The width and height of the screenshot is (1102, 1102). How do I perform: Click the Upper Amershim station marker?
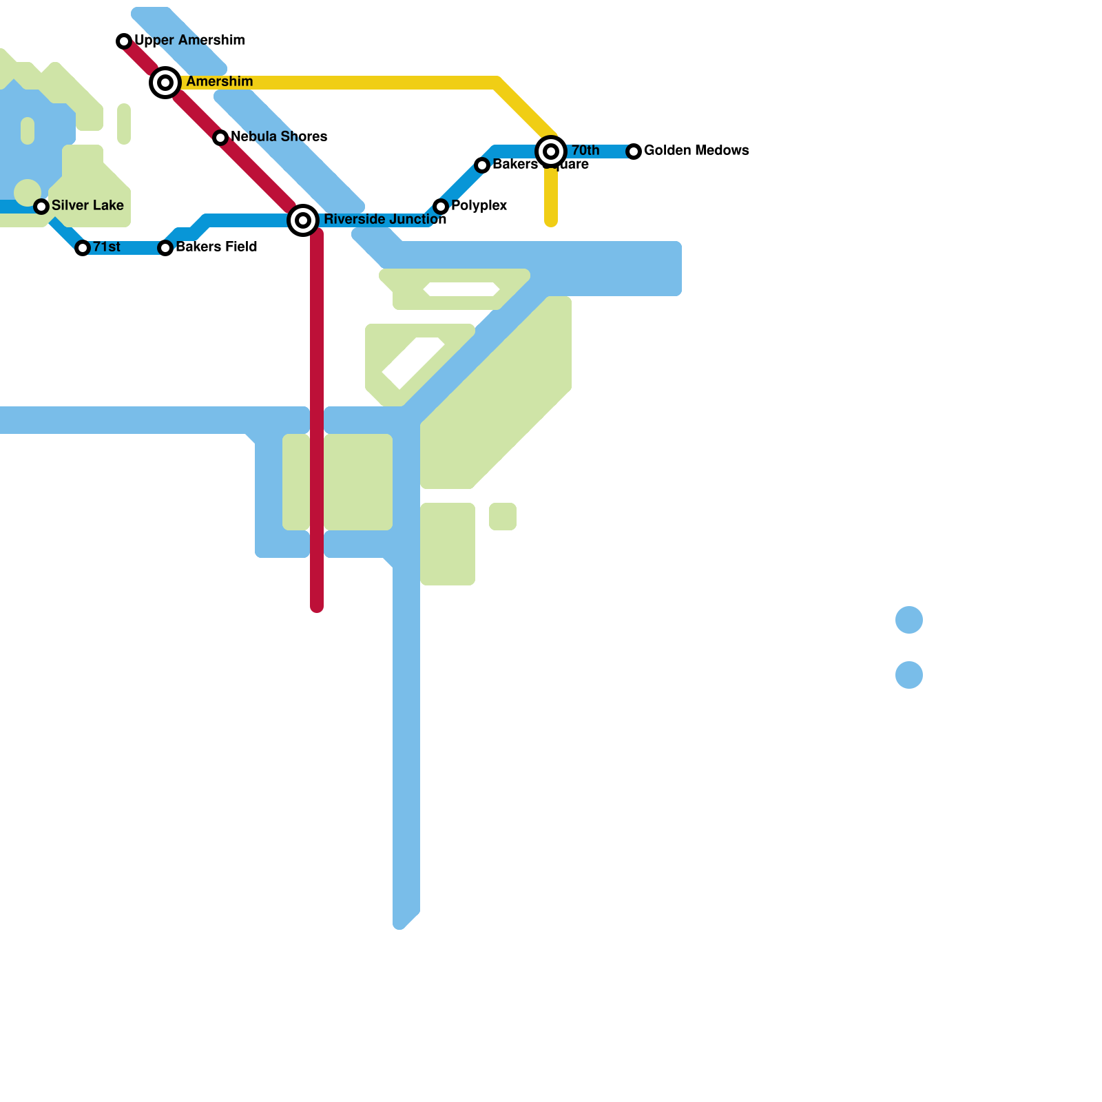click(x=124, y=41)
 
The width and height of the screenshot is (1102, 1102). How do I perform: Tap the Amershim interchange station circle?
click(x=165, y=83)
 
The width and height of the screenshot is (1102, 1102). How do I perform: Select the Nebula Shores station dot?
click(x=220, y=138)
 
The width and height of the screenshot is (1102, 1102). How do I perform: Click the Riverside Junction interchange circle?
click(x=303, y=220)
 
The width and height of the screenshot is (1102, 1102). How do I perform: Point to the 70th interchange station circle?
click(x=551, y=152)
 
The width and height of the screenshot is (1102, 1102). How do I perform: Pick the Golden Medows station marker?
click(x=634, y=152)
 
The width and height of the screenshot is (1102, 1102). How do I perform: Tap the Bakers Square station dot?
click(x=482, y=165)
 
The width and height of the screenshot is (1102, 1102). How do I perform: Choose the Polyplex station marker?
click(x=441, y=207)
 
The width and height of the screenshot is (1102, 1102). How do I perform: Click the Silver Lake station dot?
click(x=41, y=207)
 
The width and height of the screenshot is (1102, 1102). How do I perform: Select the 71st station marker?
click(x=83, y=248)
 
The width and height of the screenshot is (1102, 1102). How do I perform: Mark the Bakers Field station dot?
click(x=165, y=248)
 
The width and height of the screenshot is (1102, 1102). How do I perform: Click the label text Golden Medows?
click(x=696, y=150)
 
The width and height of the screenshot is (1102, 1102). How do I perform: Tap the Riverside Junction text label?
click(x=384, y=219)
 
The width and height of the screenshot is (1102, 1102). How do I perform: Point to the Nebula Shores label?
click(x=279, y=136)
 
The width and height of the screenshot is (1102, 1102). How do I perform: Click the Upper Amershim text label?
click(x=189, y=40)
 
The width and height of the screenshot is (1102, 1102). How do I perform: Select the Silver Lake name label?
click(x=87, y=205)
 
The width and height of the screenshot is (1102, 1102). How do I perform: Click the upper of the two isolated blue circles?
click(x=909, y=620)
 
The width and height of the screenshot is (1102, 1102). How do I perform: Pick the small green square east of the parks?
click(x=503, y=517)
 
